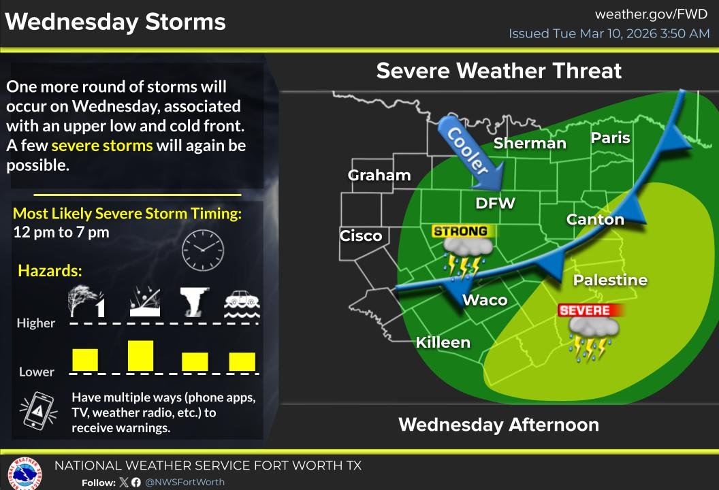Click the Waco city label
485,300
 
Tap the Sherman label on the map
530,143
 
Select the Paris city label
610,137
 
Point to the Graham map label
379,176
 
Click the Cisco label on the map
361,235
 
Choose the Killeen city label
443,342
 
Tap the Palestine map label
610,280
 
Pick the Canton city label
595,219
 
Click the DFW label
495,203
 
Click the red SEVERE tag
584,310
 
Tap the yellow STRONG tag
460,231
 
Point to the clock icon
202,250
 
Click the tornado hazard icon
194,302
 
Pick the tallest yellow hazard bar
141,355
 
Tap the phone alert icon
39,411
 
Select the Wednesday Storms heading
115,22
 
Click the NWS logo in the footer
24,474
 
